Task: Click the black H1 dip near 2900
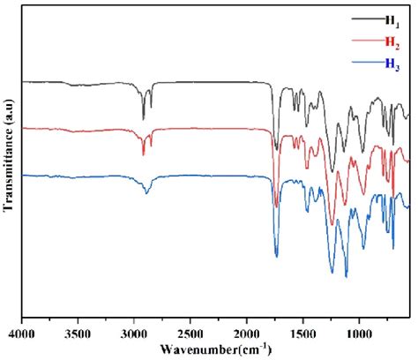143,118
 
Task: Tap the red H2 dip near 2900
143,154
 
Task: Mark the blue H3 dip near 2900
146,192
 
